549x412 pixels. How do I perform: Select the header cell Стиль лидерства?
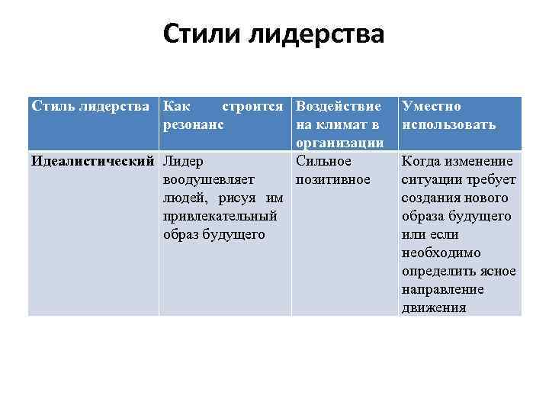pos(91,107)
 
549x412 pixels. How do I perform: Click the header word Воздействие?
pos(339,107)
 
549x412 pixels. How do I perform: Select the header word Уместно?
pos(432,107)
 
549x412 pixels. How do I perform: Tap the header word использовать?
pos(449,124)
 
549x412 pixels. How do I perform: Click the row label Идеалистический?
pos(92,162)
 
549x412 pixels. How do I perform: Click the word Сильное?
pos(323,162)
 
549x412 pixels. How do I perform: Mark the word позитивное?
pos(332,180)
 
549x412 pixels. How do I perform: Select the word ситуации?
pos(429,180)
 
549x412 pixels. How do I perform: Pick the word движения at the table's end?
pos(434,308)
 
